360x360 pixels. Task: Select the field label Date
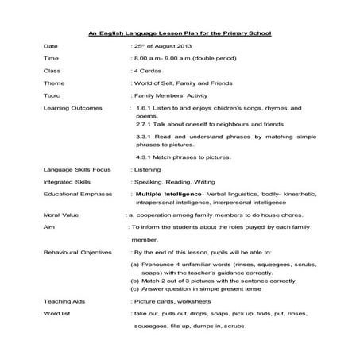(51, 48)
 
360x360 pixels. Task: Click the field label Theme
(54, 83)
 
